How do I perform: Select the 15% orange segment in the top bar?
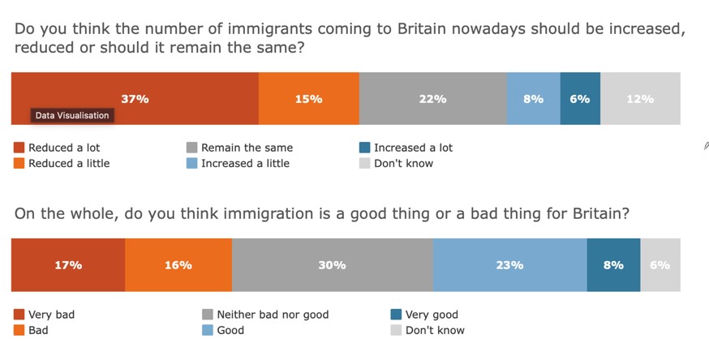(x=308, y=99)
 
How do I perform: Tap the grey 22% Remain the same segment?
(x=432, y=99)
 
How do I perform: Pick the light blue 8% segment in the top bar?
(x=533, y=99)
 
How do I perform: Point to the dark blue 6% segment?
(x=580, y=99)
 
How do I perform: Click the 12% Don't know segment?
(x=640, y=99)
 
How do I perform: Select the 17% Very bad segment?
(x=68, y=265)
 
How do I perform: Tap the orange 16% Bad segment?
(x=178, y=265)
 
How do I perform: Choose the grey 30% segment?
(x=332, y=265)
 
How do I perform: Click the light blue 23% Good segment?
(x=509, y=265)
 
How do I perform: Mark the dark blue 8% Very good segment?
(x=613, y=265)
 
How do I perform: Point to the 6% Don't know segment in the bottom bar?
(x=660, y=265)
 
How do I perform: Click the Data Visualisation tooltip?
(x=71, y=116)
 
